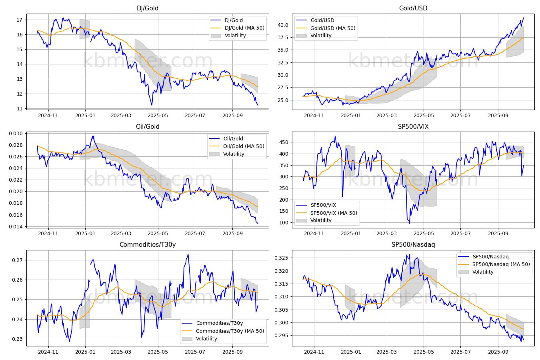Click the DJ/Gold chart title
[x=148, y=8]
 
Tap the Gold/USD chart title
[x=413, y=8]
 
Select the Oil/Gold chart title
[x=148, y=126]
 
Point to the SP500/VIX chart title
[x=413, y=126]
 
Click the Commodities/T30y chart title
[x=148, y=245]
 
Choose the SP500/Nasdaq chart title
[x=413, y=245]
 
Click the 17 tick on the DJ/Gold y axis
[x=19, y=20]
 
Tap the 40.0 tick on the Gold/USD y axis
[x=283, y=25]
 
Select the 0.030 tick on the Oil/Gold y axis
[x=16, y=134]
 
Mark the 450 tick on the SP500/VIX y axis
[x=284, y=142]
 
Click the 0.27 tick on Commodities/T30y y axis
[x=17, y=260]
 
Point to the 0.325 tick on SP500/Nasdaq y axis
[x=281, y=258]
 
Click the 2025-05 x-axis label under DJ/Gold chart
[x=158, y=116]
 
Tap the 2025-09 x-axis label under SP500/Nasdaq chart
[x=498, y=352]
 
